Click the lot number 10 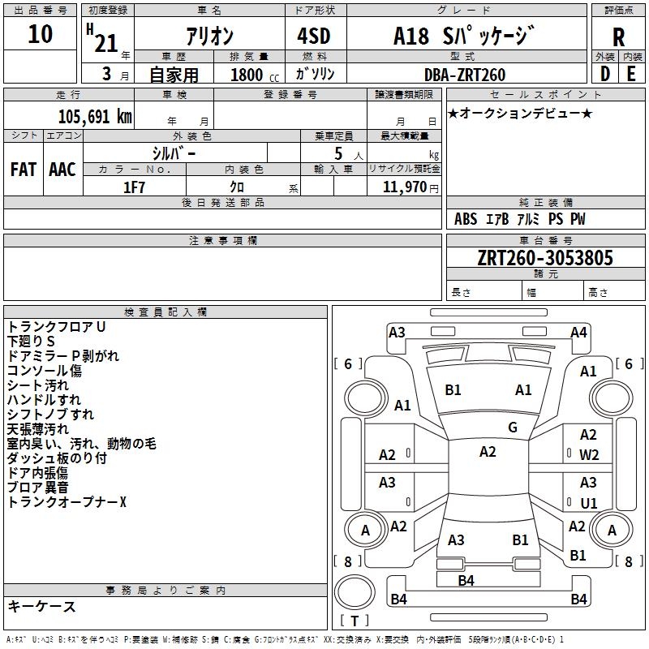(40, 34)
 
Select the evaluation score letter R (618, 37)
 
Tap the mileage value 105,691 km (95, 117)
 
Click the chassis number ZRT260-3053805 (545, 258)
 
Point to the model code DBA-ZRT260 (465, 75)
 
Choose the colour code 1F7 (134, 187)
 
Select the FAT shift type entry (23, 170)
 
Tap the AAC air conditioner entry (62, 170)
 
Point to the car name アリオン (209, 37)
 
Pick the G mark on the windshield (513, 427)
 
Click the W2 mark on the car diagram (589, 454)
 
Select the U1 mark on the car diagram (589, 503)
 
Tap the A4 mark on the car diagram (578, 332)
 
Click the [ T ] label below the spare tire (354, 621)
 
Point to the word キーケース (41, 606)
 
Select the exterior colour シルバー (174, 153)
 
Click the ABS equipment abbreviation (466, 219)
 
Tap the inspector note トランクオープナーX (67, 502)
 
